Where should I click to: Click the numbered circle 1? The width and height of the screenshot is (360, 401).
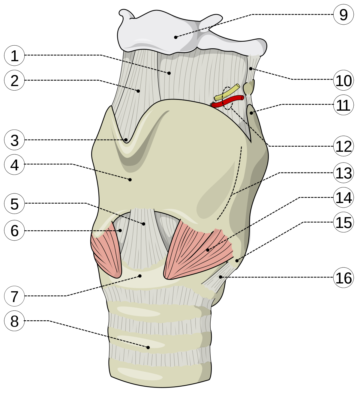coord(14,56)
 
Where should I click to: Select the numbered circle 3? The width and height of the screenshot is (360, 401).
coord(14,140)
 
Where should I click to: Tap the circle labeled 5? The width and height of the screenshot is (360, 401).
coord(14,204)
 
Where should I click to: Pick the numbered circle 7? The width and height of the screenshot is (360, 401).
coord(14,296)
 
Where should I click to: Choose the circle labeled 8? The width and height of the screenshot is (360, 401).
coord(14,321)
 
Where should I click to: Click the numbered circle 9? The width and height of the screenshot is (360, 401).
coord(343,15)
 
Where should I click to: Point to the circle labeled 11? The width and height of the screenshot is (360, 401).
coord(343,105)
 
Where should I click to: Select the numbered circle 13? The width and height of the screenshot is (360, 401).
coord(343,173)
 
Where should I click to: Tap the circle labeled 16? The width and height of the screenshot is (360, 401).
coord(343,278)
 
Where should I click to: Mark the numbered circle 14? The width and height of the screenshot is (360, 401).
coord(343,198)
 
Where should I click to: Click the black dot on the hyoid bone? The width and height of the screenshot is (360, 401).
coord(176,37)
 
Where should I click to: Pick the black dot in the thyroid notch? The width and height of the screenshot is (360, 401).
coord(126,140)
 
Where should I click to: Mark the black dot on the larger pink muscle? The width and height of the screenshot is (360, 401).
coord(208,250)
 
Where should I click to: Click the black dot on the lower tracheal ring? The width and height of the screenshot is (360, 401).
coord(148,347)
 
